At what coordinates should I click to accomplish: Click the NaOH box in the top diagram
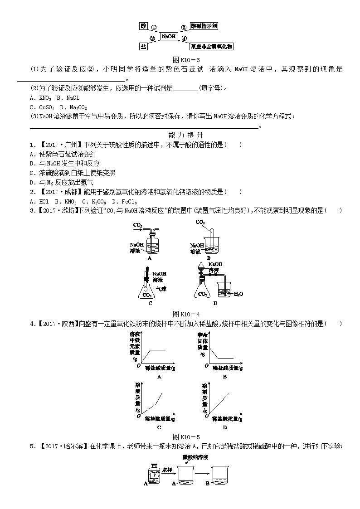pyautogui.click(x=169, y=36)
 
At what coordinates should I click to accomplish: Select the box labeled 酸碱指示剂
pyautogui.click(x=204, y=27)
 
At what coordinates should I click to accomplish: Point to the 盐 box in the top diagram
pyautogui.click(x=144, y=47)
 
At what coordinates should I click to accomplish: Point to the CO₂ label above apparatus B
pyautogui.click(x=200, y=222)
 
